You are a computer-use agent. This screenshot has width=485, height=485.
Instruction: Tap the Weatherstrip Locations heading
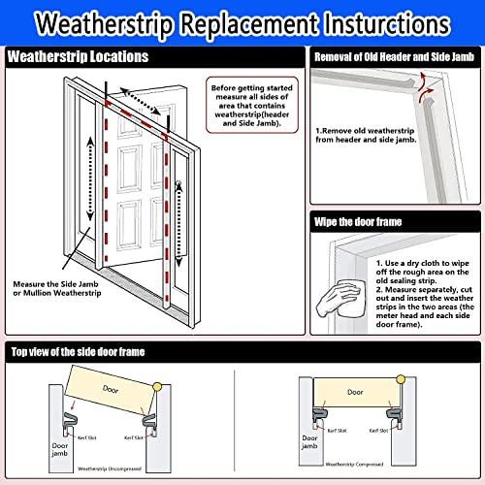[x=79, y=57]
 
